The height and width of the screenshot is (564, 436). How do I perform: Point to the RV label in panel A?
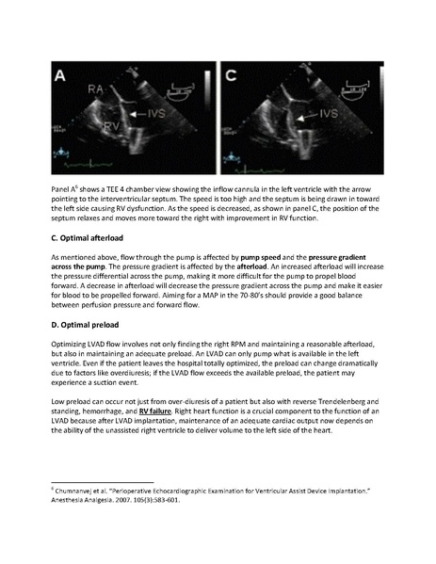pos(87,122)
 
